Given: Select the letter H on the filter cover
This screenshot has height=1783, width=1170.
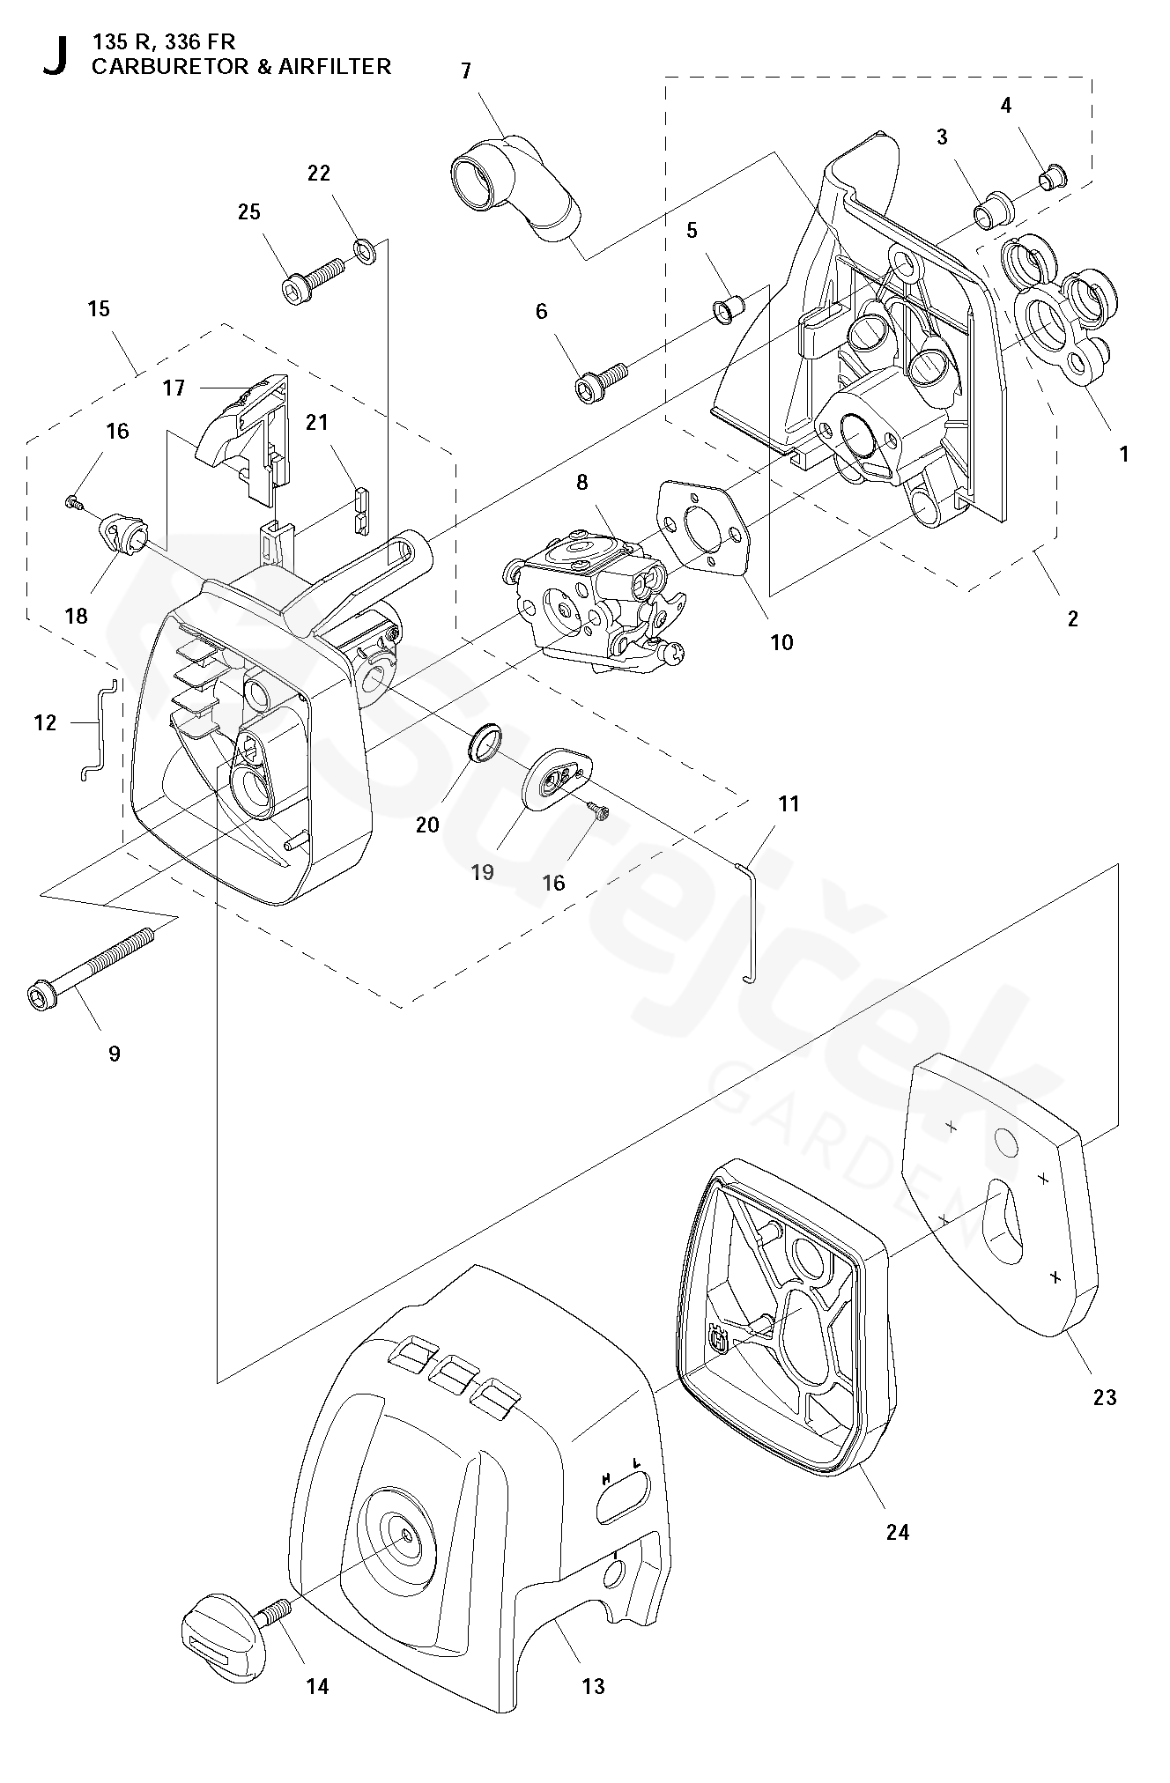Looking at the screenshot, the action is (606, 1478).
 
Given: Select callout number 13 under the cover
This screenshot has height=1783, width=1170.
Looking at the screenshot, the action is (594, 1686).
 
